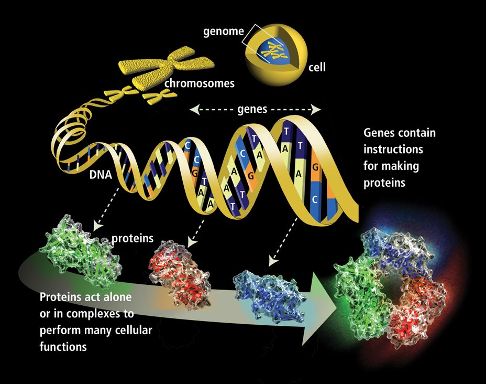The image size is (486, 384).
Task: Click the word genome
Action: point(224,31)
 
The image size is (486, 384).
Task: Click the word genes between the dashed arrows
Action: point(252,110)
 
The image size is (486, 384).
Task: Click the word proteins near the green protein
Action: point(132,238)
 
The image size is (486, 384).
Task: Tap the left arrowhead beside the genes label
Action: point(194,110)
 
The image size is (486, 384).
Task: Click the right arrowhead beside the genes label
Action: point(316,110)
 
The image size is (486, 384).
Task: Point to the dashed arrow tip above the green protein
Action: point(95,229)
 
